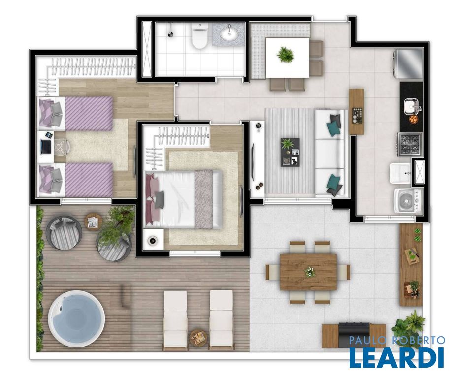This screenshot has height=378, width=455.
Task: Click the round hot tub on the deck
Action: click(76, 319)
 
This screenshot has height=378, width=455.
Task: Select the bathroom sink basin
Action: click(229, 35)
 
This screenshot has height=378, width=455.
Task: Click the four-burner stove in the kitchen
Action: click(410, 144)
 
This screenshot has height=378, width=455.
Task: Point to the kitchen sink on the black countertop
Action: click(412, 106)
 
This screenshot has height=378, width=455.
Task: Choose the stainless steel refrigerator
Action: click(409, 64)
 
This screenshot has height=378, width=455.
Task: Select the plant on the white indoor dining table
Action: click(285, 54)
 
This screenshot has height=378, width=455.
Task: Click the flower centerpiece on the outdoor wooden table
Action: click(309, 272)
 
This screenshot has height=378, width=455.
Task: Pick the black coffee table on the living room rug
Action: click(290, 152)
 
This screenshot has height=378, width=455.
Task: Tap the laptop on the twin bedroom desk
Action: click(46, 146)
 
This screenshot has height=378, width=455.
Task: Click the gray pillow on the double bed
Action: click(160, 200)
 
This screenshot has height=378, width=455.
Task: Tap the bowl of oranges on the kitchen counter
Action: click(413, 119)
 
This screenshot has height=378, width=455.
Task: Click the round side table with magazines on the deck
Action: click(94, 222)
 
